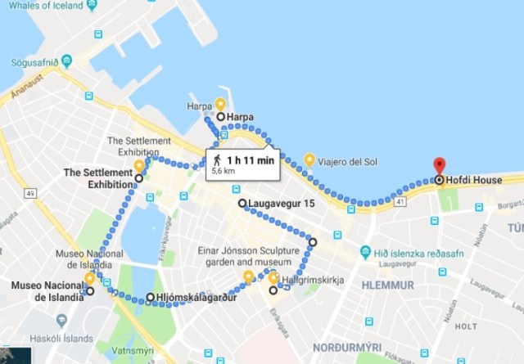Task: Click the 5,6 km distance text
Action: (x=223, y=173)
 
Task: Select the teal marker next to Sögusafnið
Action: (x=67, y=61)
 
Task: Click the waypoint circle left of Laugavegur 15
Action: (x=242, y=203)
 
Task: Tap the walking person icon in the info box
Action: (x=215, y=160)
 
